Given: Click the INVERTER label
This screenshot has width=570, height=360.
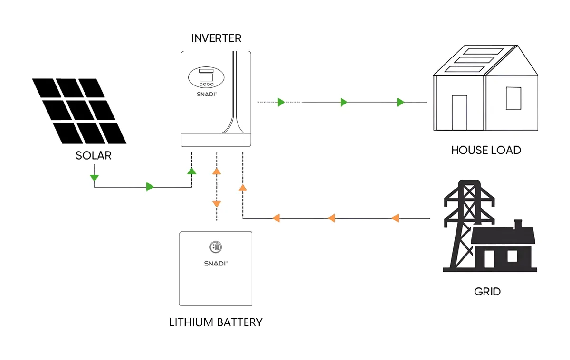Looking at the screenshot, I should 216,38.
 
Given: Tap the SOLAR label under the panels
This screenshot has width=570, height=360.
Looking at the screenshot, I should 94,155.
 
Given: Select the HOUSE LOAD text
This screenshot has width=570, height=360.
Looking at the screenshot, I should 486,151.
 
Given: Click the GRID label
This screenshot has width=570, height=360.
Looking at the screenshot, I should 487,291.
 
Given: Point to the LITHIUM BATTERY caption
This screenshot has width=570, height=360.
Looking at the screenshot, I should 216,322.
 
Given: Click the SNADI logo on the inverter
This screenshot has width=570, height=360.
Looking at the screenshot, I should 206,94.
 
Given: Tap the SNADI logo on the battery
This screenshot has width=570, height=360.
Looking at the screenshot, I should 216,262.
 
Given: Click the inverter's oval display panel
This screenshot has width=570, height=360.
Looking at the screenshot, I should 206,77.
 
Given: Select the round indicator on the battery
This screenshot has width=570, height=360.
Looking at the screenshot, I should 216,247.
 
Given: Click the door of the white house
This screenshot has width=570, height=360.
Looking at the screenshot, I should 459,113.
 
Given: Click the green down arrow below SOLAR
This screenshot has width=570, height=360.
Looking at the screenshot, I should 94,178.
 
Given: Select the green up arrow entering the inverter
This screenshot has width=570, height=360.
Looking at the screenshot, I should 191,171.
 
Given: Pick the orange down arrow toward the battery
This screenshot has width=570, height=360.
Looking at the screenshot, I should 217,204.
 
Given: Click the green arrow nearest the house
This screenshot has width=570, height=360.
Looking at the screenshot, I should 400,102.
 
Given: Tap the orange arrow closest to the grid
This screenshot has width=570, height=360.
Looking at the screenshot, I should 395,218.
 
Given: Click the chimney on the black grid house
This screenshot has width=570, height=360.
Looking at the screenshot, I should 518,223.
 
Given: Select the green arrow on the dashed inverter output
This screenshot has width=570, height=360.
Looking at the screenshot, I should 281,102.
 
